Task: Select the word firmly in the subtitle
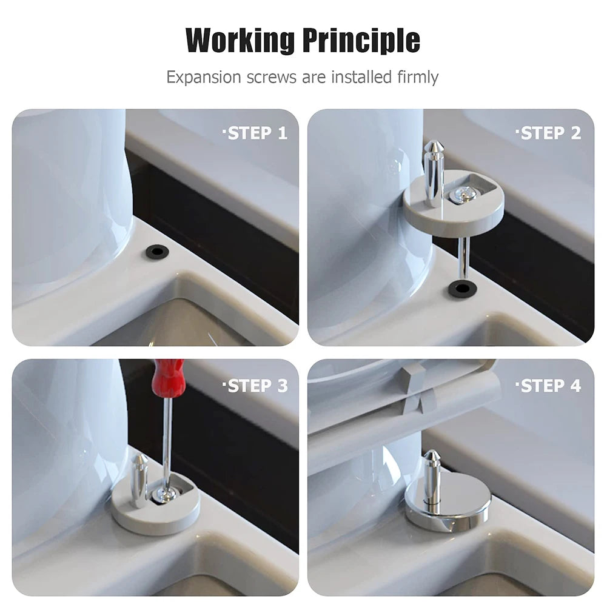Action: pyautogui.click(x=417, y=78)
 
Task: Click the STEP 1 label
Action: pyautogui.click(x=255, y=133)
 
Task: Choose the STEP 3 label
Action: pyautogui.click(x=255, y=386)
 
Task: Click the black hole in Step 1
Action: pyautogui.click(x=156, y=250)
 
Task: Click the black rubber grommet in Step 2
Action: pyautogui.click(x=461, y=288)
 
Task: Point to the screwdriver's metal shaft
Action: pyautogui.click(x=167, y=437)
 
